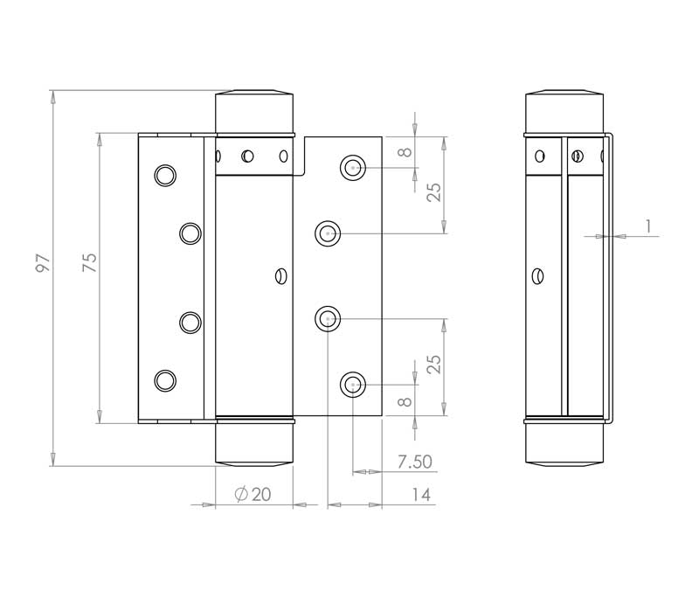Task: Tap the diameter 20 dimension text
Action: [x=253, y=495]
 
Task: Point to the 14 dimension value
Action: [x=420, y=495]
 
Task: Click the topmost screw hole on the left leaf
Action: [x=163, y=175]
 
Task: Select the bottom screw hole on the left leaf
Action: [x=163, y=379]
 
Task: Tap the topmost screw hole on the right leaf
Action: [x=353, y=167]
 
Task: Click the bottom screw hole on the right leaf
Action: [x=353, y=383]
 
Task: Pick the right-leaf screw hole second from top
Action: [x=328, y=233]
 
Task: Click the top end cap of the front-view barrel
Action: [x=254, y=110]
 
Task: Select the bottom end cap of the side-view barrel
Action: [x=564, y=445]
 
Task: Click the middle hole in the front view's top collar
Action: [x=248, y=156]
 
